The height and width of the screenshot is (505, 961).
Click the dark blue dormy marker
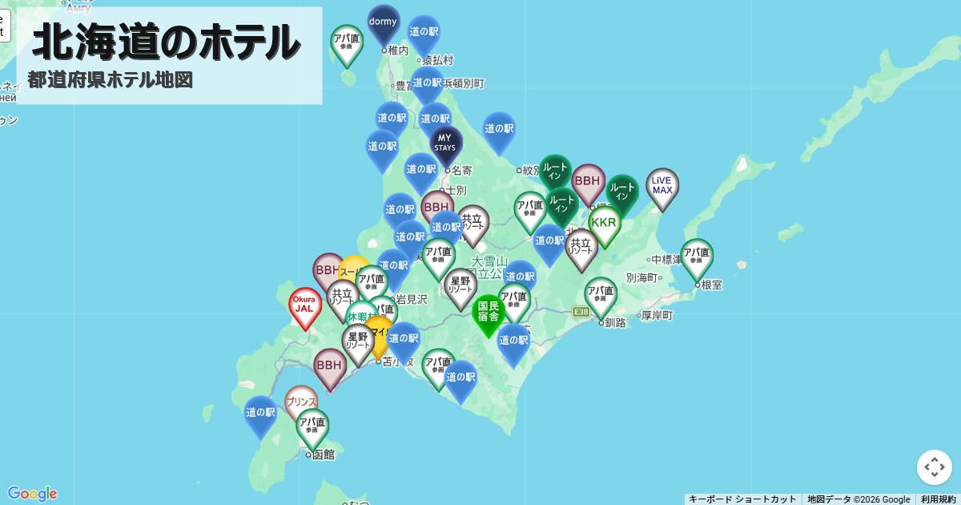384,23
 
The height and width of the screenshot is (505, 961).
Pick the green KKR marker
604,224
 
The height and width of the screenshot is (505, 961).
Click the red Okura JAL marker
304,305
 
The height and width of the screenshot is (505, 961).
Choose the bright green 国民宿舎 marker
489,312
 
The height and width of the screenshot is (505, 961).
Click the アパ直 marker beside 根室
697,256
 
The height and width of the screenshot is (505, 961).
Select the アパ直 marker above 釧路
601,294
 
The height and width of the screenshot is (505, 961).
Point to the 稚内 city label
398,50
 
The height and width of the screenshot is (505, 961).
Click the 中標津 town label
665,260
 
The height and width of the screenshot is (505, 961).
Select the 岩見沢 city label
412,299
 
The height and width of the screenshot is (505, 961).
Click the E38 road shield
581,312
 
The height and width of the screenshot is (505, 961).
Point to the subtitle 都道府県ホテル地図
110,80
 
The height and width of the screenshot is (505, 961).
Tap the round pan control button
935,467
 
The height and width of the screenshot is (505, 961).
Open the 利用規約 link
938,499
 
